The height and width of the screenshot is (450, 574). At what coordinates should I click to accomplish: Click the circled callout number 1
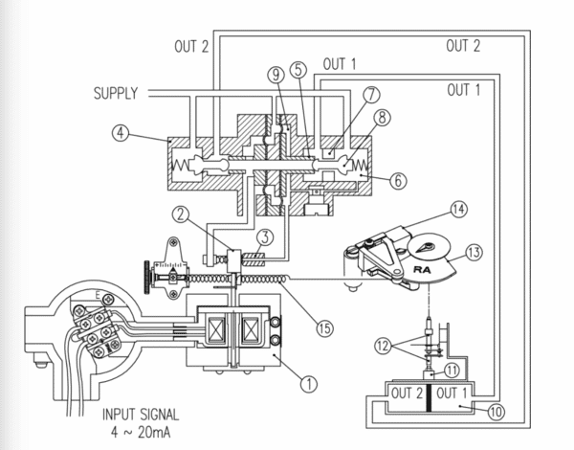coord(308,385)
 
